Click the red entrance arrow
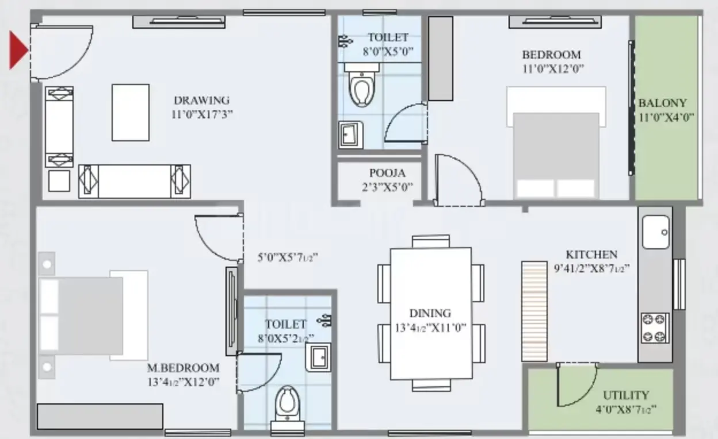18,50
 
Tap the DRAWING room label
201,101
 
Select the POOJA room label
387,173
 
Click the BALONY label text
663,103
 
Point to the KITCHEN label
591,255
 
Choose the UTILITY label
626,395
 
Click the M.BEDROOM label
184,368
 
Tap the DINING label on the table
430,313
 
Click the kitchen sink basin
655,232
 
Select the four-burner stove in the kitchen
655,328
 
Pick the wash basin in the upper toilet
351,135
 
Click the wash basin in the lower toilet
318,357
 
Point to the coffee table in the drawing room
131,113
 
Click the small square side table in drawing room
59,181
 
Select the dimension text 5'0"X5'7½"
288,257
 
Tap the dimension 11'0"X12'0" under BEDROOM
553,69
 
